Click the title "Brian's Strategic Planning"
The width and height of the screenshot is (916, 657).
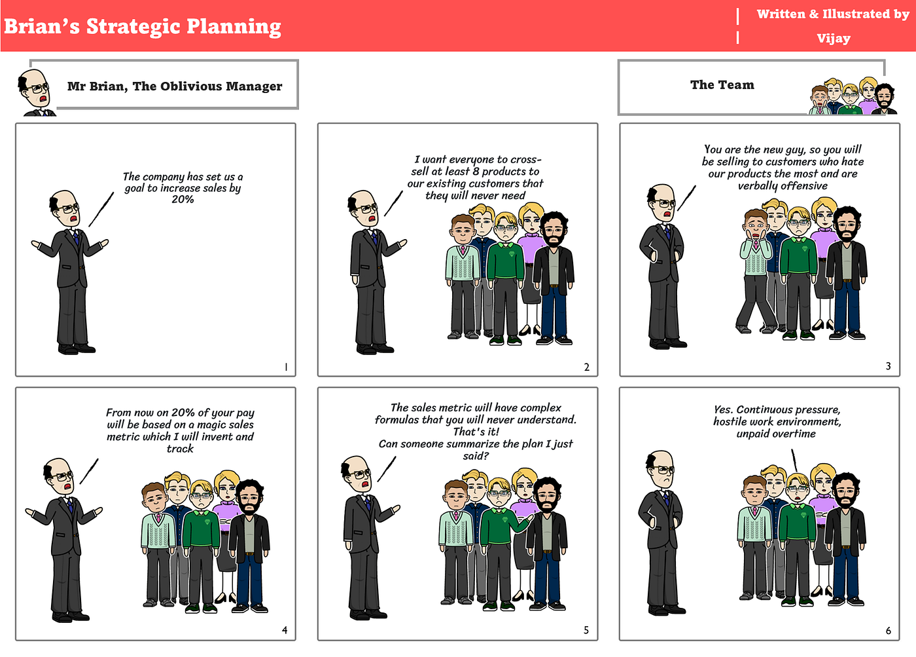(x=143, y=26)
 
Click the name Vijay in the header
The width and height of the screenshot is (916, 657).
(x=833, y=38)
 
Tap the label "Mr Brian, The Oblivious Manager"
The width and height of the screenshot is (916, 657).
(x=175, y=86)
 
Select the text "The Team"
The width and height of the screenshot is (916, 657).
(x=722, y=84)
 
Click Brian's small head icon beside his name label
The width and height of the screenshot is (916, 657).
(x=35, y=90)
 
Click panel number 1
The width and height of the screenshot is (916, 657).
(x=286, y=367)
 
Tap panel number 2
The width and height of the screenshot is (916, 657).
(x=587, y=367)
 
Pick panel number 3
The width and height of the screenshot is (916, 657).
(x=888, y=366)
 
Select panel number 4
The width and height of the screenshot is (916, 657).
(x=285, y=630)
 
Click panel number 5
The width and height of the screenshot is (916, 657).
(x=586, y=630)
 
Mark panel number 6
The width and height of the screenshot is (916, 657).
(x=888, y=631)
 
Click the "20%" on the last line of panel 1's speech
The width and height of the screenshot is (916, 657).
(x=183, y=200)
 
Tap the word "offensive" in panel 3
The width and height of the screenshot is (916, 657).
(x=801, y=186)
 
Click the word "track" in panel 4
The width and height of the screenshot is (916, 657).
(x=180, y=449)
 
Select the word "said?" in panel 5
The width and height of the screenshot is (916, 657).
(x=476, y=456)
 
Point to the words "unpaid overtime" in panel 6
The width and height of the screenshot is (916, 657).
(x=776, y=434)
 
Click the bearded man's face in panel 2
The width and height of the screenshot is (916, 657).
(x=553, y=230)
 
